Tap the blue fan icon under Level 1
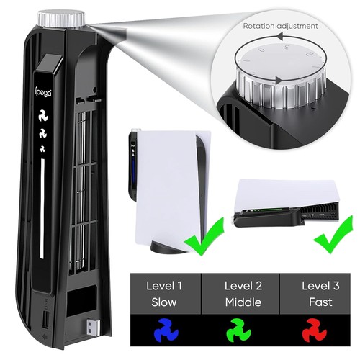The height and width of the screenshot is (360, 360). [166, 330]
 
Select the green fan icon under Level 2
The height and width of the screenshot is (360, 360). [239, 330]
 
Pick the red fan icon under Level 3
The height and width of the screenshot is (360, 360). [315, 330]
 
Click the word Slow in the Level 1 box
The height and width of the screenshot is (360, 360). [164, 302]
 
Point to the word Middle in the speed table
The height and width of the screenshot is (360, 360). [243, 302]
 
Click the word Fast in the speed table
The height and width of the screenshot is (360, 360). [320, 302]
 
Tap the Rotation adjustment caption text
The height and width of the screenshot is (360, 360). [281, 26]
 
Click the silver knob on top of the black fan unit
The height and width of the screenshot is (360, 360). [60, 19]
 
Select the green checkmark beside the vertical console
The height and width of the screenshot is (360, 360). [204, 237]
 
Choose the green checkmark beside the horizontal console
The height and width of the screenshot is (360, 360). [333, 235]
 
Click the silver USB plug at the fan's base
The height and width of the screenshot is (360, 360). [93, 327]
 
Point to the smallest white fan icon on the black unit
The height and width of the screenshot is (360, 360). [42, 148]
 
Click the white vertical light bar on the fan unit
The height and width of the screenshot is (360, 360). [42, 208]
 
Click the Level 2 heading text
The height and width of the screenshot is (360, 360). [243, 286]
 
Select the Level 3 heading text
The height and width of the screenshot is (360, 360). [320, 286]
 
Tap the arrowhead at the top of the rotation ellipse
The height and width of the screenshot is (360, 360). [279, 37]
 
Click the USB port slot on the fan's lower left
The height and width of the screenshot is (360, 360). [46, 320]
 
